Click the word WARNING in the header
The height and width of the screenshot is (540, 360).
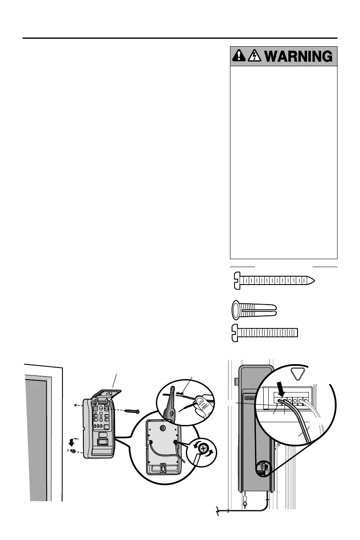[298, 56]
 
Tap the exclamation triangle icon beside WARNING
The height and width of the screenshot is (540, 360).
[239, 56]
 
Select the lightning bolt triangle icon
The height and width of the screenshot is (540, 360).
[253, 56]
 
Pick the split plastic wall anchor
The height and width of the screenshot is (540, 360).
[254, 310]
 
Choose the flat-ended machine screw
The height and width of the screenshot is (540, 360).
[264, 332]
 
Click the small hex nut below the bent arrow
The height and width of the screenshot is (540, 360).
[73, 451]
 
